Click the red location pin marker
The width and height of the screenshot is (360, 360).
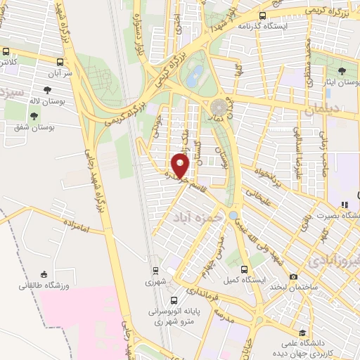click(x=181, y=166)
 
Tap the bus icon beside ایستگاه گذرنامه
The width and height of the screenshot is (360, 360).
click(x=262, y=15)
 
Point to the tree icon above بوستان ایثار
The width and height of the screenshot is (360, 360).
click(x=342, y=71)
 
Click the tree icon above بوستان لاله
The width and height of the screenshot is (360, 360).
click(x=47, y=90)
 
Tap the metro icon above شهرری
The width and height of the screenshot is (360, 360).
click(x=155, y=269)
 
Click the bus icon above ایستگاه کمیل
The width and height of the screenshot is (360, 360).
click(x=244, y=269)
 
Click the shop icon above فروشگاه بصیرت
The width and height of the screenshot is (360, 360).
click(x=344, y=205)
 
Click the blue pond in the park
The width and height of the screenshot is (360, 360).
click(x=191, y=77)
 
